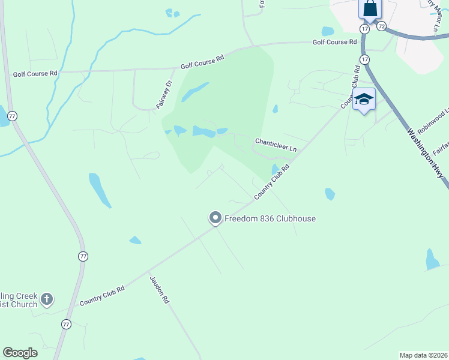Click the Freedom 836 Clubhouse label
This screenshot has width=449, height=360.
coord(270,218)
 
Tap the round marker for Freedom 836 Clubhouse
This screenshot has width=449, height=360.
coord(215,218)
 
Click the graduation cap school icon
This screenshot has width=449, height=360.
coord(364,99)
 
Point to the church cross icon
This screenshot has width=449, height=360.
coord(47,298)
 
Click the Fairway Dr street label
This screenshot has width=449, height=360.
coord(164,95)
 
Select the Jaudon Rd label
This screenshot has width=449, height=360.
coord(158,290)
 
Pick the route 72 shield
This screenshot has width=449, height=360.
coord(381,26)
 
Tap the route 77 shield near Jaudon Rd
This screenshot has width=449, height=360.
coord(83,256)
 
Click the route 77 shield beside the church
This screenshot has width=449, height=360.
coord(65,324)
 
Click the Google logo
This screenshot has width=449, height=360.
coord(20,353)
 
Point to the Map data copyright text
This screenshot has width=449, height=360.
coord(424,355)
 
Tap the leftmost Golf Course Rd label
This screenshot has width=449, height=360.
coord(35,73)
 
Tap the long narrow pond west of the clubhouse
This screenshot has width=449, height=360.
coord(100,190)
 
